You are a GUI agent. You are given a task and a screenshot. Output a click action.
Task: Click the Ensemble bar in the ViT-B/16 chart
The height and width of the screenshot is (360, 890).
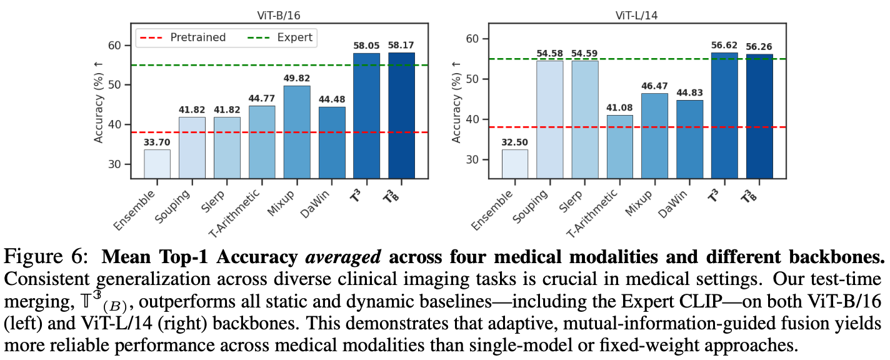click(157, 164)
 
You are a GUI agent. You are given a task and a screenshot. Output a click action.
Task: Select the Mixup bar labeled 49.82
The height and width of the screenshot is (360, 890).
click(296, 132)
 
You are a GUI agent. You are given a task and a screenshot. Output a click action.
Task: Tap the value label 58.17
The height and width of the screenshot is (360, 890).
click(401, 46)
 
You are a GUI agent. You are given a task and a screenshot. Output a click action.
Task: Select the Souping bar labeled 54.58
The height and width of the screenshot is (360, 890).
click(549, 119)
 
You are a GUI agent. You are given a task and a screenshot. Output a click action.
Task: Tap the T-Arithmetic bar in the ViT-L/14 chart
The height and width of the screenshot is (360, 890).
click(619, 146)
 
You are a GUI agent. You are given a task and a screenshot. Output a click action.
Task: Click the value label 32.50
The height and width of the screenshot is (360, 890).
click(514, 142)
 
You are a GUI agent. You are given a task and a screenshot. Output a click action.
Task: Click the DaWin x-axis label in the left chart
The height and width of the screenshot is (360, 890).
click(319, 200)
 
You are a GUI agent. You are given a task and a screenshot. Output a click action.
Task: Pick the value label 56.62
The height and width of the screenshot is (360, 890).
click(724, 45)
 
